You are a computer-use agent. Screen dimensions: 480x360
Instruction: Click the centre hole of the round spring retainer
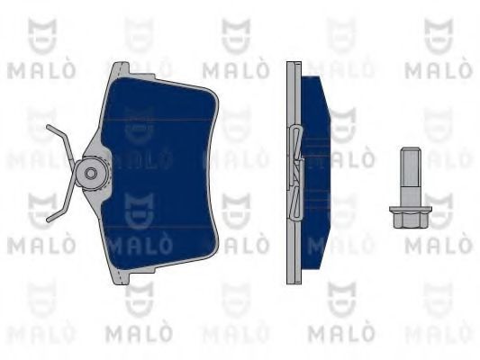(91, 174)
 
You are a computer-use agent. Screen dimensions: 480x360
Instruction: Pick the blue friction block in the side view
(316, 173)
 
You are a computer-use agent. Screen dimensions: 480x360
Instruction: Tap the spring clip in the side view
(295, 173)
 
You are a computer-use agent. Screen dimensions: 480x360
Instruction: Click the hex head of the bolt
(410, 220)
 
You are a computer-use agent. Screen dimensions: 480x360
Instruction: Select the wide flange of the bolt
(410, 209)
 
